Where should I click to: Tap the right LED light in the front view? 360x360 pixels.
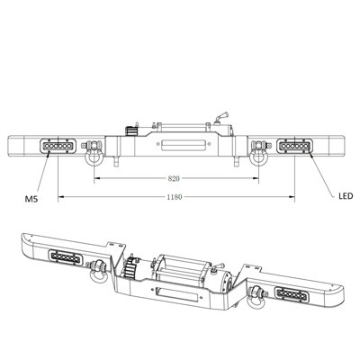coord(296,146)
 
